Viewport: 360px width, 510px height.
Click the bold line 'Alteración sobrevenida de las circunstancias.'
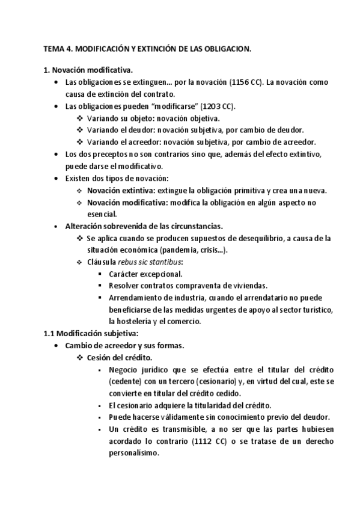tap(144, 226)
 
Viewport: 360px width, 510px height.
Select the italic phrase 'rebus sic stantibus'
tap(155, 262)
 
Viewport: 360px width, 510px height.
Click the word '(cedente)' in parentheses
tap(128, 381)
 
